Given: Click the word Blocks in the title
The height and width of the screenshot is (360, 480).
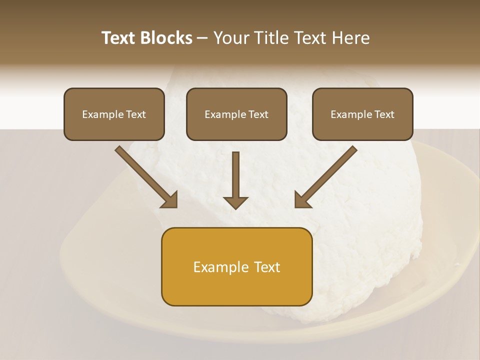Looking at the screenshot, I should (166, 38).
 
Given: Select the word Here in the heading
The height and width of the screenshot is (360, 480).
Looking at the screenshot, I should (350, 38).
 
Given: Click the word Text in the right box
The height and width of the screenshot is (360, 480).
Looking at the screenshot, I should (384, 114).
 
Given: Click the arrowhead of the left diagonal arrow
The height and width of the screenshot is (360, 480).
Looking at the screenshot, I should (170, 200).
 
